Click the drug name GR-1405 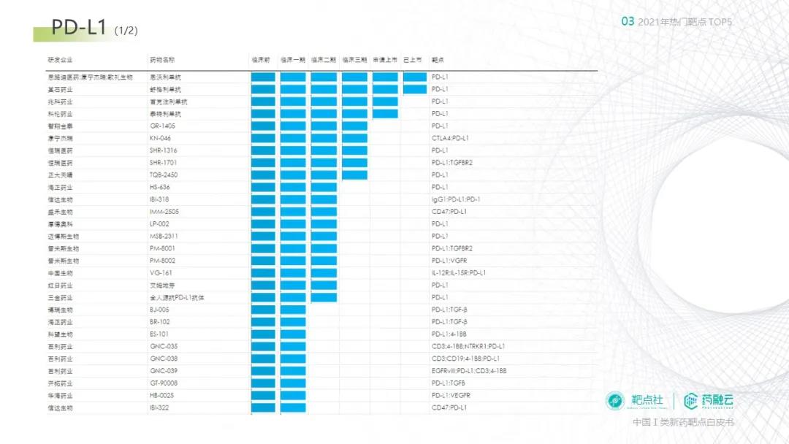pyautogui.click(x=162, y=126)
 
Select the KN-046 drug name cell pyautogui.click(x=160, y=138)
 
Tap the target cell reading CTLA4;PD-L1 pyautogui.click(x=450, y=138)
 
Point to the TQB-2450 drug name pyautogui.click(x=164, y=175)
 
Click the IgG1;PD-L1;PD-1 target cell pyautogui.click(x=456, y=199)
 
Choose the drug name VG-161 pyautogui.click(x=161, y=272)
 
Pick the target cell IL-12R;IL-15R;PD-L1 pyautogui.click(x=459, y=272)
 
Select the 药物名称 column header pyautogui.click(x=162, y=60)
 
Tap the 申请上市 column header pyautogui.click(x=384, y=60)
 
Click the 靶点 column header pyautogui.click(x=438, y=60)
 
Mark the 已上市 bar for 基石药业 pyautogui.click(x=414, y=89)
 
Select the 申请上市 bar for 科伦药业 pyautogui.click(x=384, y=114)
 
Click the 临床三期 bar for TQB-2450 pyautogui.click(x=354, y=175)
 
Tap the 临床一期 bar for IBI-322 pyautogui.click(x=293, y=407)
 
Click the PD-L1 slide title pyautogui.click(x=80, y=28)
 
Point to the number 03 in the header pyautogui.click(x=628, y=22)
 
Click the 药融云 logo pyautogui.click(x=709, y=400)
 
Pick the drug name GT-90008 pyautogui.click(x=164, y=383)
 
